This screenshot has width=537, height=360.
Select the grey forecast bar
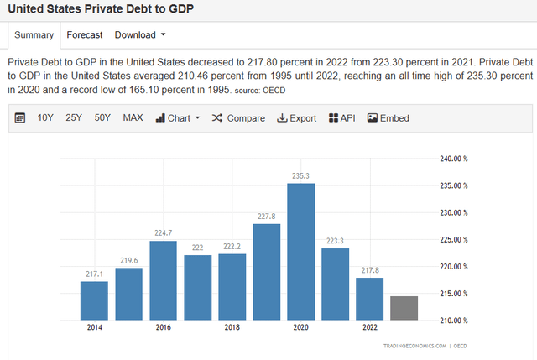tap(404, 307)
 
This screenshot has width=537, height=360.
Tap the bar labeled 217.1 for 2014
tap(94, 300)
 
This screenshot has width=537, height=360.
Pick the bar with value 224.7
tap(163, 279)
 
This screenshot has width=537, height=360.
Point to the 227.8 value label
tap(267, 217)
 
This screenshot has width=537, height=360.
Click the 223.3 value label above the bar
tap(335, 241)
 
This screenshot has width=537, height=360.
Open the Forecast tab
tap(85, 35)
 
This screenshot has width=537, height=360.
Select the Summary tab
tap(34, 35)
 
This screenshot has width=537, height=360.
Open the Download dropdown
tap(140, 35)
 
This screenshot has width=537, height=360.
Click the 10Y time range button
tap(46, 118)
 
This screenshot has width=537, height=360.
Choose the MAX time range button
tap(133, 118)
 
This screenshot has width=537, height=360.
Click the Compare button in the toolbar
tap(238, 118)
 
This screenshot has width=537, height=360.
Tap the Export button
tap(297, 118)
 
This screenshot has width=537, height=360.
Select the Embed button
tap(388, 118)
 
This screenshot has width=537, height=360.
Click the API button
tap(342, 118)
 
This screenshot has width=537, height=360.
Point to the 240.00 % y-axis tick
tap(453, 159)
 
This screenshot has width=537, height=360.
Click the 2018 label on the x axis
tap(232, 327)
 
